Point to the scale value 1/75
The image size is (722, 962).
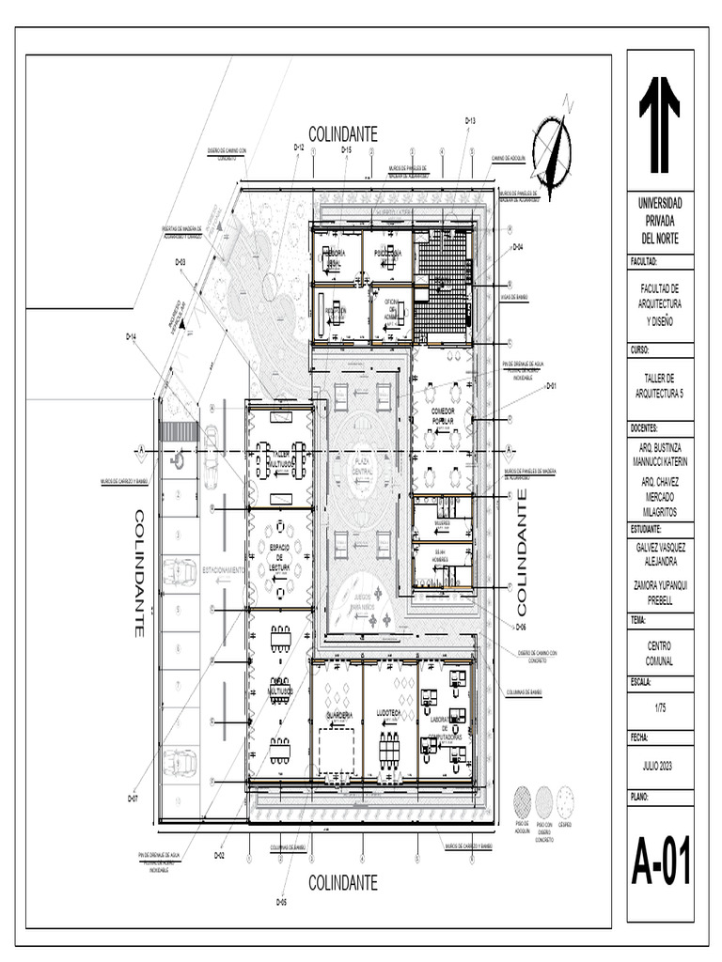tap(659, 709)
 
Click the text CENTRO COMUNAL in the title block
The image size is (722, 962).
tap(659, 653)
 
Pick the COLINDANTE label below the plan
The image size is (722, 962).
tap(342, 882)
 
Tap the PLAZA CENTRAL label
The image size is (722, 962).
tap(363, 464)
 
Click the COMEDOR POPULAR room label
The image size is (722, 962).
tap(443, 417)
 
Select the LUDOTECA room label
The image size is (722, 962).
tap(388, 713)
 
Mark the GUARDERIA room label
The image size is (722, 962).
tap(338, 714)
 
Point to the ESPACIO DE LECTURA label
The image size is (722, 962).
tap(280, 556)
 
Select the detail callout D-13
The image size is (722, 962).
tap(471, 122)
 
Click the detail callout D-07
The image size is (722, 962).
tap(133, 798)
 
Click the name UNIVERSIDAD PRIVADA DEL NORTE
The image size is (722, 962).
tap(659, 221)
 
